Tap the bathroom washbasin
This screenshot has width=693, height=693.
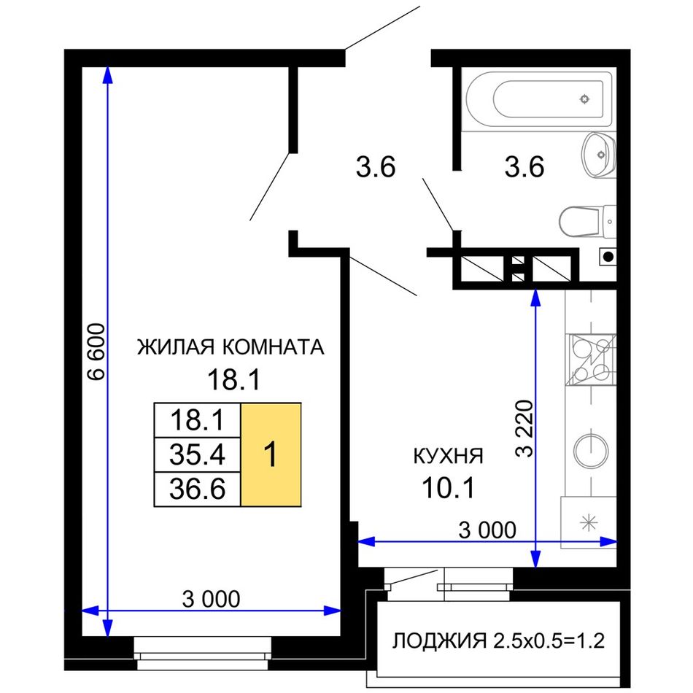[598, 155]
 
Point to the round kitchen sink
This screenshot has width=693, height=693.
[590, 450]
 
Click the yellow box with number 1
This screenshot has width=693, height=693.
[271, 454]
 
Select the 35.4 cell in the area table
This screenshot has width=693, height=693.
[197, 454]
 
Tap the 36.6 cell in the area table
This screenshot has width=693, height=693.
[197, 489]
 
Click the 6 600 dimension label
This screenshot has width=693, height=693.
[96, 352]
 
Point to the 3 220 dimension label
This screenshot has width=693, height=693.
[525, 428]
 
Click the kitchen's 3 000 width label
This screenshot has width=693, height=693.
[487, 530]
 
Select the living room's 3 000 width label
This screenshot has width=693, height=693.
[212, 599]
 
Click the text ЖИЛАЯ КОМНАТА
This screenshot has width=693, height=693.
[231, 347]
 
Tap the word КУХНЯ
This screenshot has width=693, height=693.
[448, 456]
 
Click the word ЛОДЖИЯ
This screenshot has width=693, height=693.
[439, 641]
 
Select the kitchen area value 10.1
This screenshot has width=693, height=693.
[448, 488]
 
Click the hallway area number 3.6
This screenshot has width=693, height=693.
[376, 168]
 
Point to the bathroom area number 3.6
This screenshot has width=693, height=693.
[524, 168]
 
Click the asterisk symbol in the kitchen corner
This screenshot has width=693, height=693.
[588, 523]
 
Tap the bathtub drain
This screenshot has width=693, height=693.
[584, 99]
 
